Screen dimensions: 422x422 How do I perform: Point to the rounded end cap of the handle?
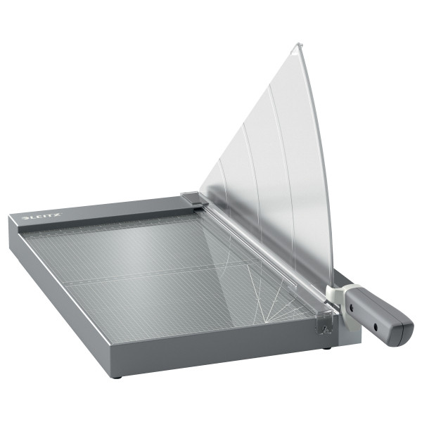(405, 331)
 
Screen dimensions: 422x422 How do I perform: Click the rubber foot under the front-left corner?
(116, 376)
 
